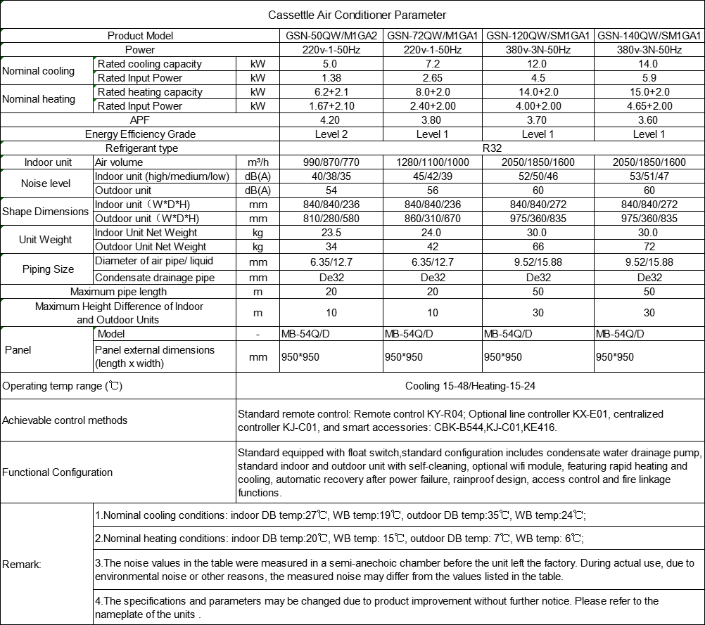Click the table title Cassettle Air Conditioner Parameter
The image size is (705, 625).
tap(357, 15)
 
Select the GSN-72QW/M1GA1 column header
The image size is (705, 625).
tap(433, 36)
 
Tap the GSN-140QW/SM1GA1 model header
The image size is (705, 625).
tap(649, 36)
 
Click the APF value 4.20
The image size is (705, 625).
tap(331, 120)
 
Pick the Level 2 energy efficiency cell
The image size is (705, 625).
tap(331, 134)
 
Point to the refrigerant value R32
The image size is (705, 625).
tap(492, 148)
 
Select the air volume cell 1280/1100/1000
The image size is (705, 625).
tap(433, 162)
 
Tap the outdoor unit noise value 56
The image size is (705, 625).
tap(433, 191)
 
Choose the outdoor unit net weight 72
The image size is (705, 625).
tap(649, 247)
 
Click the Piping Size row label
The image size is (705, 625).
tap(48, 269)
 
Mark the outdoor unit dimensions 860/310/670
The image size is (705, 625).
tap(433, 219)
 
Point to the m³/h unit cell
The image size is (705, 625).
tap(258, 162)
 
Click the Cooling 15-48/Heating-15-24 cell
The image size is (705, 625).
tap(470, 386)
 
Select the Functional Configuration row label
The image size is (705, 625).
tap(58, 472)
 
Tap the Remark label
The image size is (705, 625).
tap(22, 564)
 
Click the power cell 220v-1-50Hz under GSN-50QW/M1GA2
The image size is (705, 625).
tap(331, 50)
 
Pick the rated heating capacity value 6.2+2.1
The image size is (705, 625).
tap(331, 92)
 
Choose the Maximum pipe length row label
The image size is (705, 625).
tap(118, 292)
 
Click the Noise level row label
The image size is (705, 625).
tap(46, 183)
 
